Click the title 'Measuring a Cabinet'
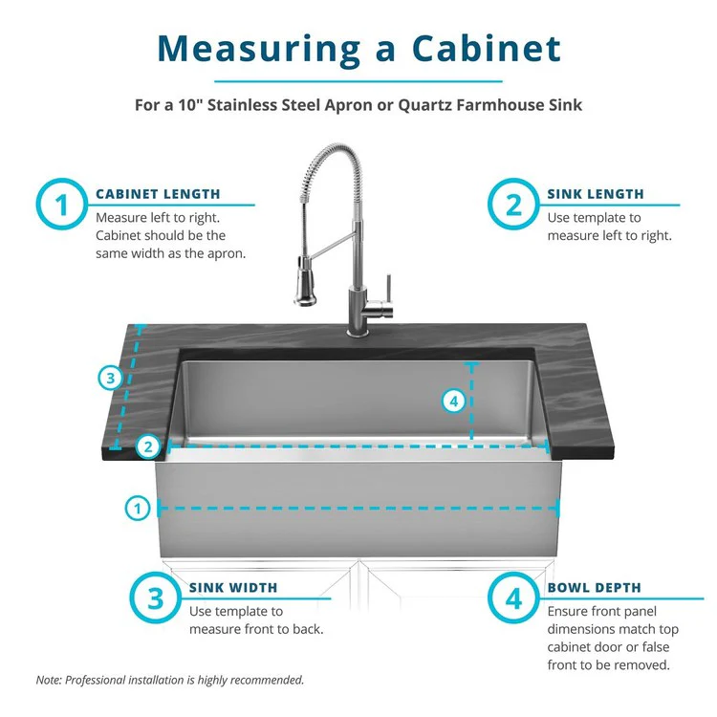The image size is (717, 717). (x=358, y=47)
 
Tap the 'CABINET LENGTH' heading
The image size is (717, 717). (x=158, y=194)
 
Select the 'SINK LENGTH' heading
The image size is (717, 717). (x=596, y=194)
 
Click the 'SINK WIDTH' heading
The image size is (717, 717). (x=233, y=588)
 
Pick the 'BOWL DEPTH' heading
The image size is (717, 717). (x=594, y=588)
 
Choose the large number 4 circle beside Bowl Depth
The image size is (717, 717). (x=514, y=599)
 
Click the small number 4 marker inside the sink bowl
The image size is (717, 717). (x=455, y=402)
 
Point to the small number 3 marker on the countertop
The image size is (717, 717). (x=111, y=379)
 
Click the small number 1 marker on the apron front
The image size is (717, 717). (x=139, y=509)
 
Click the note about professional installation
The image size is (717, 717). (x=170, y=680)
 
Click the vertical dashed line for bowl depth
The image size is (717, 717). (x=471, y=402)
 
